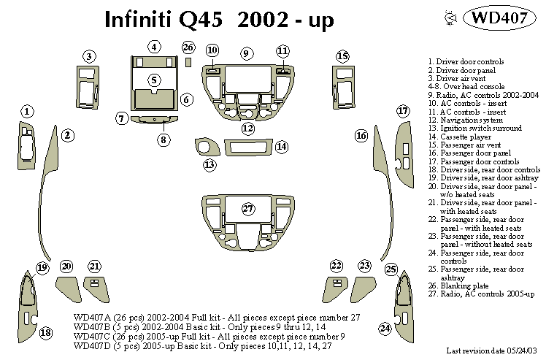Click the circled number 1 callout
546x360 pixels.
click(x=27, y=112)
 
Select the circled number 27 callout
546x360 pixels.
click(x=248, y=209)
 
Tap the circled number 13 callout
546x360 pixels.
click(x=210, y=165)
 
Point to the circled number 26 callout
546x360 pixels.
click(x=188, y=48)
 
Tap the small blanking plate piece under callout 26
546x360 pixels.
click(x=188, y=63)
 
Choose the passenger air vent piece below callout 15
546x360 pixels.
click(x=342, y=87)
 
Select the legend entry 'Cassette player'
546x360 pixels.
click(x=453, y=136)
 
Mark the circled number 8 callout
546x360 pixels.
click(x=163, y=139)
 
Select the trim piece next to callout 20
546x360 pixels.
click(x=67, y=283)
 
